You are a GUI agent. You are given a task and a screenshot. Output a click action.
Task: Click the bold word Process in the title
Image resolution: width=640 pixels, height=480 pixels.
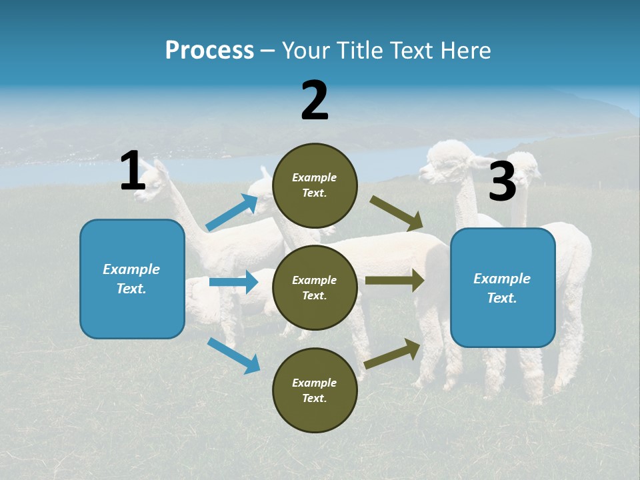tap(209, 51)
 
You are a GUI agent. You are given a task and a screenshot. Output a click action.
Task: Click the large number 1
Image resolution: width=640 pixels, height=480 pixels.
tap(133, 171)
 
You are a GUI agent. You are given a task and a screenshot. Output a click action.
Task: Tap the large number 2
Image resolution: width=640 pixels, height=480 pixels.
tap(315, 101)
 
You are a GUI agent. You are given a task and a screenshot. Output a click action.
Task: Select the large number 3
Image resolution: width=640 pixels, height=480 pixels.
tap(503, 182)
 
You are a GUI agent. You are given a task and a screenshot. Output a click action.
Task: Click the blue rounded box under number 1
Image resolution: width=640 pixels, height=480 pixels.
tap(132, 279)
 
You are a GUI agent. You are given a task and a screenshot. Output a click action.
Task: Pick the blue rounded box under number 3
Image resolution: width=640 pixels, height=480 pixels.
tap(503, 287)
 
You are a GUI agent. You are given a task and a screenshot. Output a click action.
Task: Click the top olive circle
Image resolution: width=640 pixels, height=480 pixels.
tap(315, 185)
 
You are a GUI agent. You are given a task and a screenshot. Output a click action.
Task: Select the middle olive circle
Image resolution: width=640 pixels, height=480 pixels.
tap(315, 287)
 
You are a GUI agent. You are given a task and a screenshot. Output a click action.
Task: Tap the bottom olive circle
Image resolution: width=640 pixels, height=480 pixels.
tap(315, 390)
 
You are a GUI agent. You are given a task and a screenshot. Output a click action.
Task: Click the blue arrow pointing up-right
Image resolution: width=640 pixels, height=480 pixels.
tap(232, 213)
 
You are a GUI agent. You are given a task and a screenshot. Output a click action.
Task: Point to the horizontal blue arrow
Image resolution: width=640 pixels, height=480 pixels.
tap(233, 282)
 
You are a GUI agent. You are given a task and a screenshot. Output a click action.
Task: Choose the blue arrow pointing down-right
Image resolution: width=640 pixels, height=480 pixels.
tap(233, 355)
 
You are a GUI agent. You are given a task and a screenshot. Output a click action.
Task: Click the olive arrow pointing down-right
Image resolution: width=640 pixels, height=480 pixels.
tap(397, 213)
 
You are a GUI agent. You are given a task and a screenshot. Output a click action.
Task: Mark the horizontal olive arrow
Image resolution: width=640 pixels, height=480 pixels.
tap(395, 280)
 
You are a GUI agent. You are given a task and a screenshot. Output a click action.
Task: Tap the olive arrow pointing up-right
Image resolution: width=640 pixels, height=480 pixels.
tap(393, 353)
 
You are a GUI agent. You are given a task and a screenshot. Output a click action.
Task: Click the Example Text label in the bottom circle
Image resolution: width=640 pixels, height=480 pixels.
tap(315, 391)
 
